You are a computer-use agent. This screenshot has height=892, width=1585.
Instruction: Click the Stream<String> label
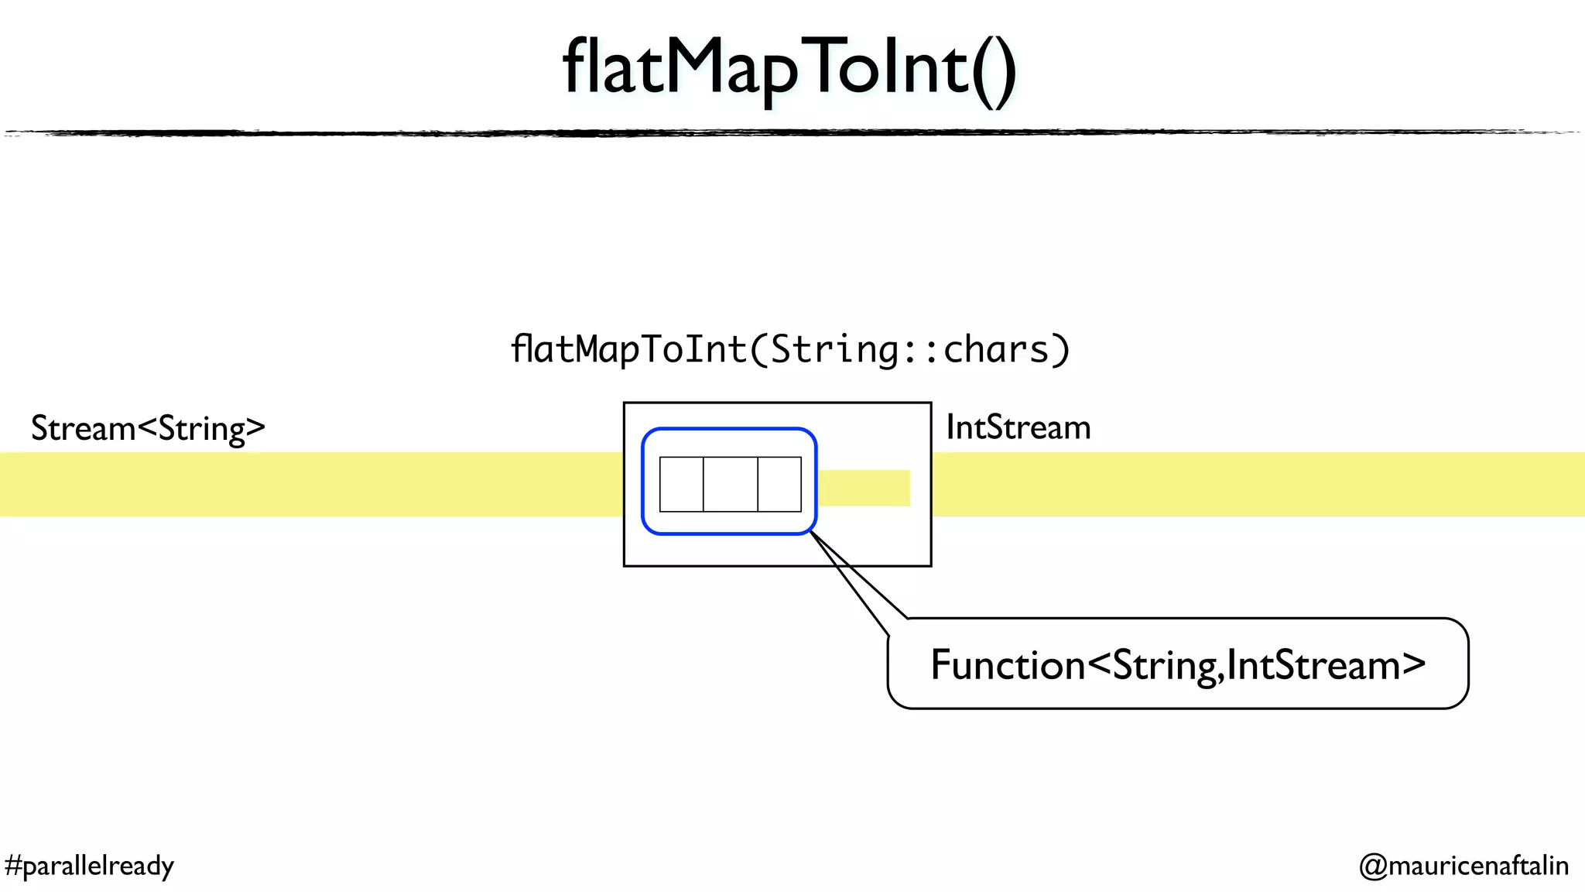click(x=148, y=428)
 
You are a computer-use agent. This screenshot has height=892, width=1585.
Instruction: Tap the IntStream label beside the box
click(x=1018, y=427)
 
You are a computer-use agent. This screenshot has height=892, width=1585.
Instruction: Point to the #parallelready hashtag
click(x=89, y=865)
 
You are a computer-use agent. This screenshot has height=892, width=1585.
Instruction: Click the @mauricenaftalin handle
click(x=1463, y=865)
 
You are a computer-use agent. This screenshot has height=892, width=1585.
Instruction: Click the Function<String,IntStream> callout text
click(x=1177, y=665)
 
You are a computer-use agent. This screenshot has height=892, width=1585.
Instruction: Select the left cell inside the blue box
click(x=681, y=484)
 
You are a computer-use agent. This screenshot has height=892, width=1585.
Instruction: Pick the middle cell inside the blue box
click(x=730, y=484)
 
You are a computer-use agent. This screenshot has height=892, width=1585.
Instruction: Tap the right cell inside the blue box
click(x=779, y=484)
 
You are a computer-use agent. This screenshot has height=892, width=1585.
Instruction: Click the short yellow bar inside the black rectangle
click(x=864, y=488)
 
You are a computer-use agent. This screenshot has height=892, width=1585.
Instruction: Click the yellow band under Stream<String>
click(x=310, y=484)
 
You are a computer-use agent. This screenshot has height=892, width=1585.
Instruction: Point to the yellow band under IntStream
click(x=1254, y=484)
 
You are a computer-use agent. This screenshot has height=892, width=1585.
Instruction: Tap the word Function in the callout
click(x=1008, y=665)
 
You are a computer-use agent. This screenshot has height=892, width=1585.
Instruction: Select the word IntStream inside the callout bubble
click(x=1314, y=665)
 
